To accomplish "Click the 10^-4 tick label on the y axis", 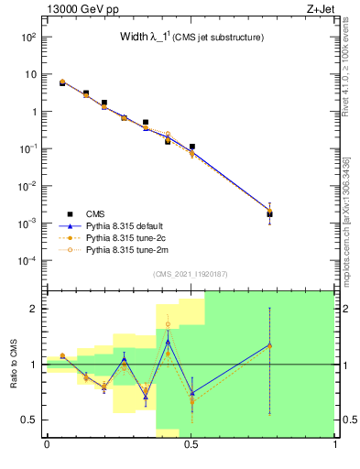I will (27, 261).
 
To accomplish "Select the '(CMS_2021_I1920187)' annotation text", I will (191, 273).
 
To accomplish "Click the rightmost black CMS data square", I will (269, 214).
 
